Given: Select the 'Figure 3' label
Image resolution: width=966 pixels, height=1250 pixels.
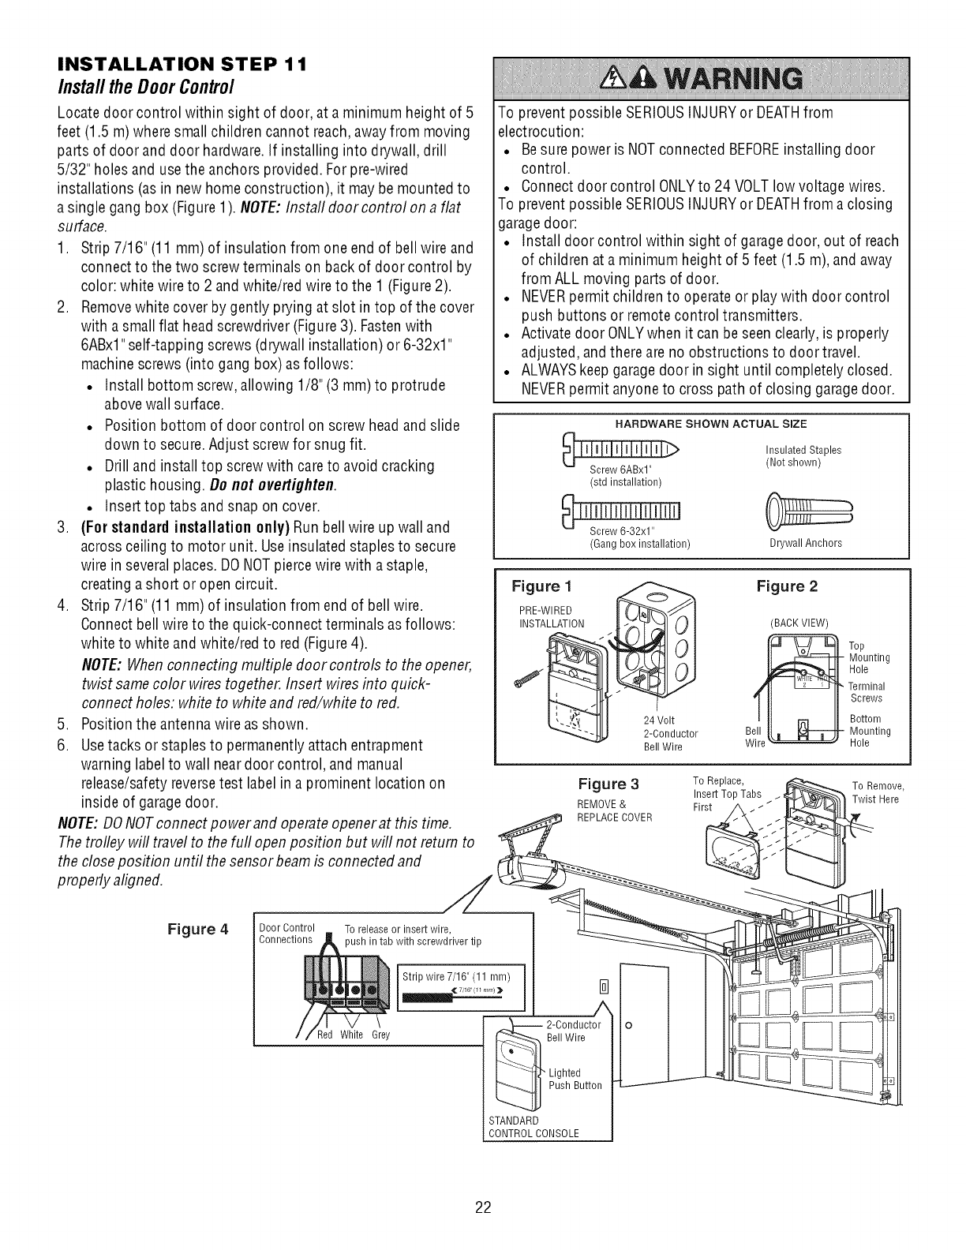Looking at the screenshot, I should (x=608, y=784).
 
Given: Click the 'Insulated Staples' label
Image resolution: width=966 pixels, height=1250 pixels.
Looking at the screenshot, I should (x=803, y=450).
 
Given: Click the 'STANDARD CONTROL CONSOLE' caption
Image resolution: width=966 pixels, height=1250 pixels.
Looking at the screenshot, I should (x=534, y=1127).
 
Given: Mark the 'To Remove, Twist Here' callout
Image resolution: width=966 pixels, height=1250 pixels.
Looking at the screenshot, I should (x=877, y=792).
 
